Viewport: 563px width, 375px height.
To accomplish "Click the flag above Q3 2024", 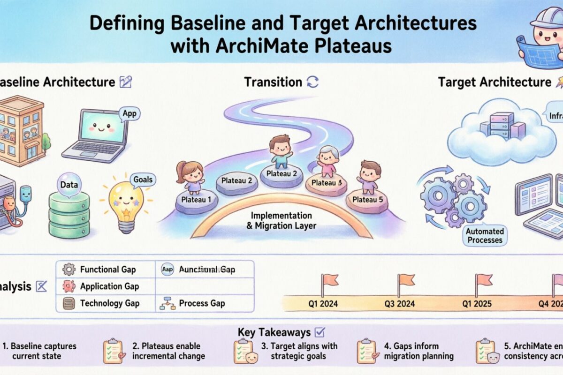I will (406, 280).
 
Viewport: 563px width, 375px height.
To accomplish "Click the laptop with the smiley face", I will (97, 134).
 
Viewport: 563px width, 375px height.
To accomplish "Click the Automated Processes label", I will (485, 236).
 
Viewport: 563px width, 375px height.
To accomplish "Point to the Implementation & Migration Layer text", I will (281, 221).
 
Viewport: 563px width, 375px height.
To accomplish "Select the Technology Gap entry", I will (109, 303).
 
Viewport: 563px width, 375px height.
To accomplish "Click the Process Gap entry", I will (202, 303).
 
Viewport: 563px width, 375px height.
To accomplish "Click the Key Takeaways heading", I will (274, 332).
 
